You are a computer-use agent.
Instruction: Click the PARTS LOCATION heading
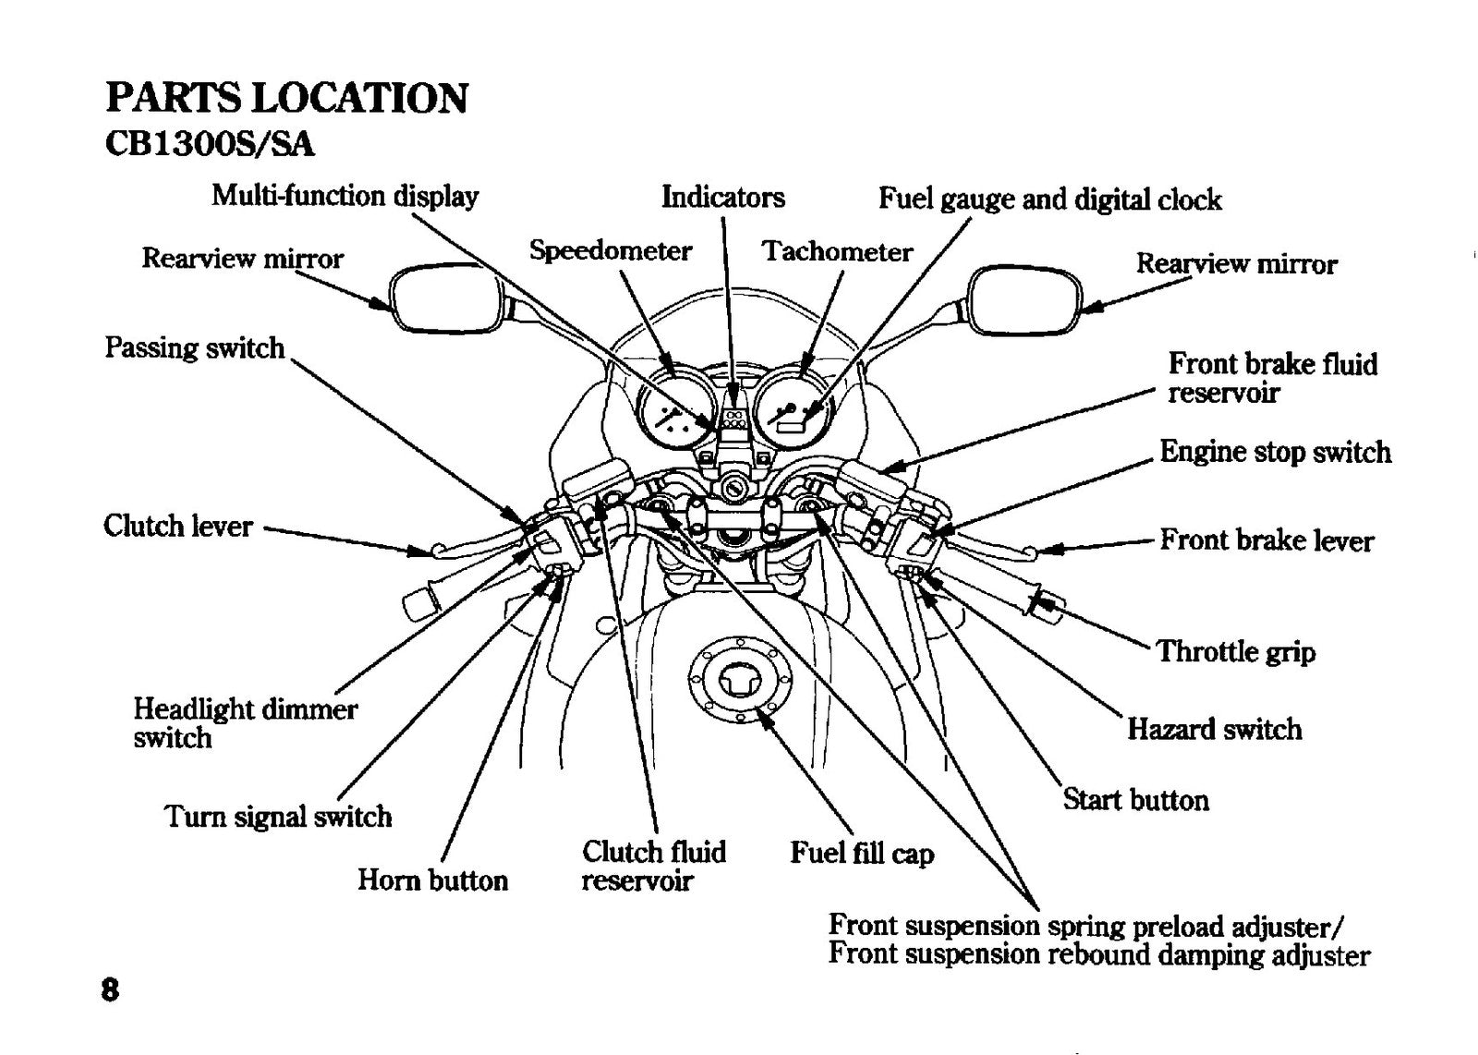coord(286,98)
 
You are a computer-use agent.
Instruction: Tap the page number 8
coord(110,990)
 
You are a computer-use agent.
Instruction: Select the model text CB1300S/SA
coord(210,144)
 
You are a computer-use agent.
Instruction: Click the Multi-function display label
coord(345,196)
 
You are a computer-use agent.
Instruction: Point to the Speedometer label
coord(611,250)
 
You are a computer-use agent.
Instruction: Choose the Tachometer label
coord(837,251)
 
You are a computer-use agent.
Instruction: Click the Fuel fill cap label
coord(862,853)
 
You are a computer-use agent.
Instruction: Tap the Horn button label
coord(433,880)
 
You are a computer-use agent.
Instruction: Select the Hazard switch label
coord(1214,729)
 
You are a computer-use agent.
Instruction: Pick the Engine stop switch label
coord(1276,453)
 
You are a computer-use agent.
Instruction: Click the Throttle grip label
coord(1236,652)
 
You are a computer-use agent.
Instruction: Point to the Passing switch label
coord(195,348)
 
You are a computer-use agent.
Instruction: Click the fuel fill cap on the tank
coord(739,679)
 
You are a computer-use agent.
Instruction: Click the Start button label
coord(1135,800)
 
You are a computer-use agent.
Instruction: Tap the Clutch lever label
coord(178,527)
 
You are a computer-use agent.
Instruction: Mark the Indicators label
coord(723,197)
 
